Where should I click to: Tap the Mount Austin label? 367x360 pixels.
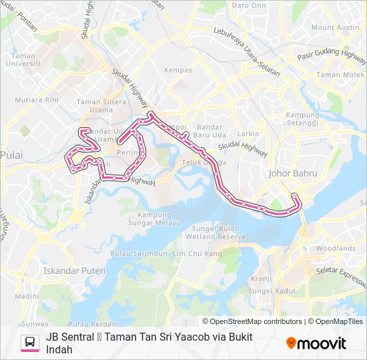click(335, 27)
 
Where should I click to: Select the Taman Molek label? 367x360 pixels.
click(338, 75)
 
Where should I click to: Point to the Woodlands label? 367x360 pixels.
click(335, 248)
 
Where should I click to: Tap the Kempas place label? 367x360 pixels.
click(178, 70)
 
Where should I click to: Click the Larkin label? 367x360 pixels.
click(249, 134)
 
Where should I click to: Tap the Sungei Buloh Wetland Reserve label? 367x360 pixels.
click(219, 233)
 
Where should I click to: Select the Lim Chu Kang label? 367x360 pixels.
click(197, 254)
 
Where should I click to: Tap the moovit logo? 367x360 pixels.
click(316, 343)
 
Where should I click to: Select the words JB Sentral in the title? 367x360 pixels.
click(69, 337)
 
